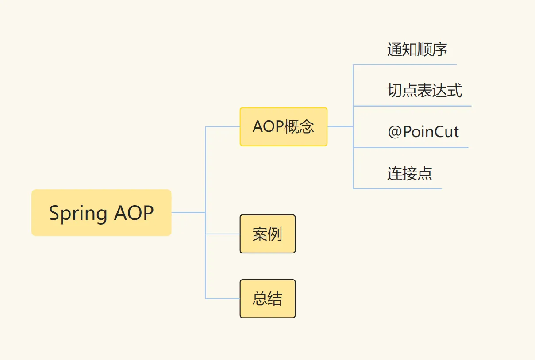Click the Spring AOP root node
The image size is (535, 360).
point(101,213)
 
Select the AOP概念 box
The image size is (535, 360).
point(283,127)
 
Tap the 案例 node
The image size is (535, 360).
point(267,234)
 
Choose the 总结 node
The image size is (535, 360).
point(267,299)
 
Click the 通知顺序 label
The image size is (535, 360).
point(417,50)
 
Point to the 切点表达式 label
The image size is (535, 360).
point(424,91)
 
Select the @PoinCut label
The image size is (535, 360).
point(423,132)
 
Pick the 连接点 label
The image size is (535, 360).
point(409,173)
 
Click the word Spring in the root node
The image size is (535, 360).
point(78,214)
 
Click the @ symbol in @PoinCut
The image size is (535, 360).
point(394,132)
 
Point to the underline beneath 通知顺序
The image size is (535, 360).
point(405,65)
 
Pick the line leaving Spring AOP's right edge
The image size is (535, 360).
point(188,213)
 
